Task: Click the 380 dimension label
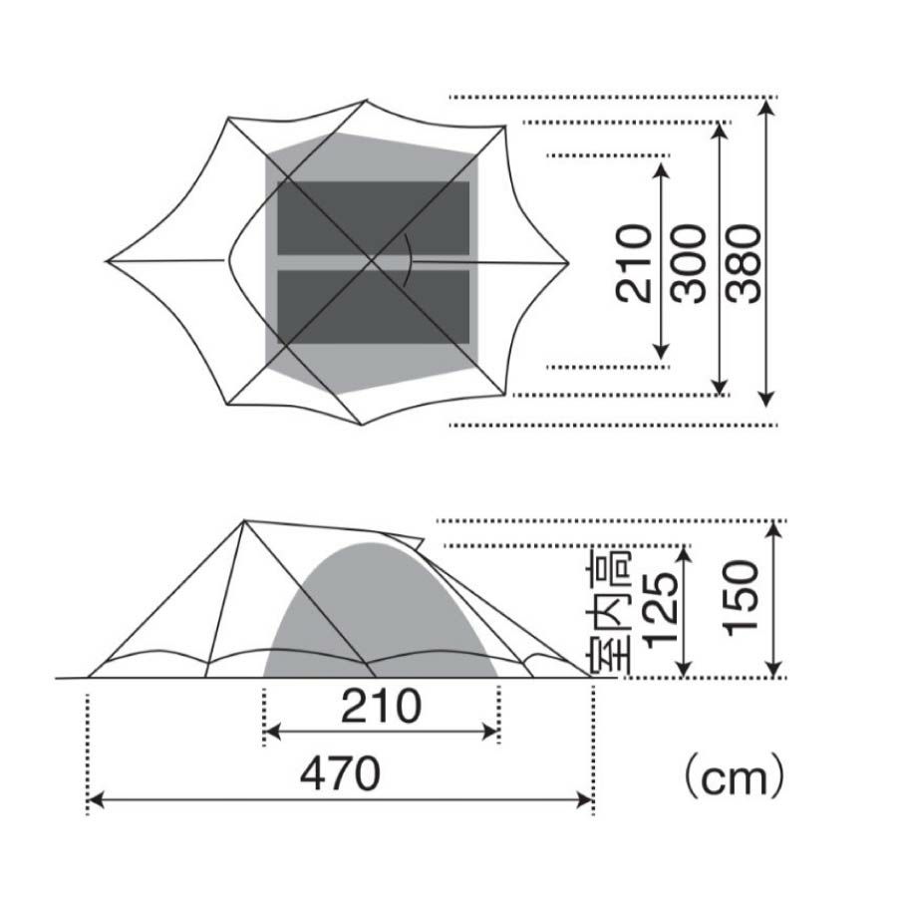click(x=746, y=263)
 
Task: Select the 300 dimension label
click(x=690, y=263)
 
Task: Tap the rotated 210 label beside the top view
click(x=634, y=263)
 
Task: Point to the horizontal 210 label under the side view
click(x=381, y=706)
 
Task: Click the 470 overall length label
click(x=341, y=773)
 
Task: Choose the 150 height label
click(x=741, y=598)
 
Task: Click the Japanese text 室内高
click(x=608, y=612)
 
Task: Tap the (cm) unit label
click(x=734, y=776)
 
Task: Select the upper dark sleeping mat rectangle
click(x=374, y=218)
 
